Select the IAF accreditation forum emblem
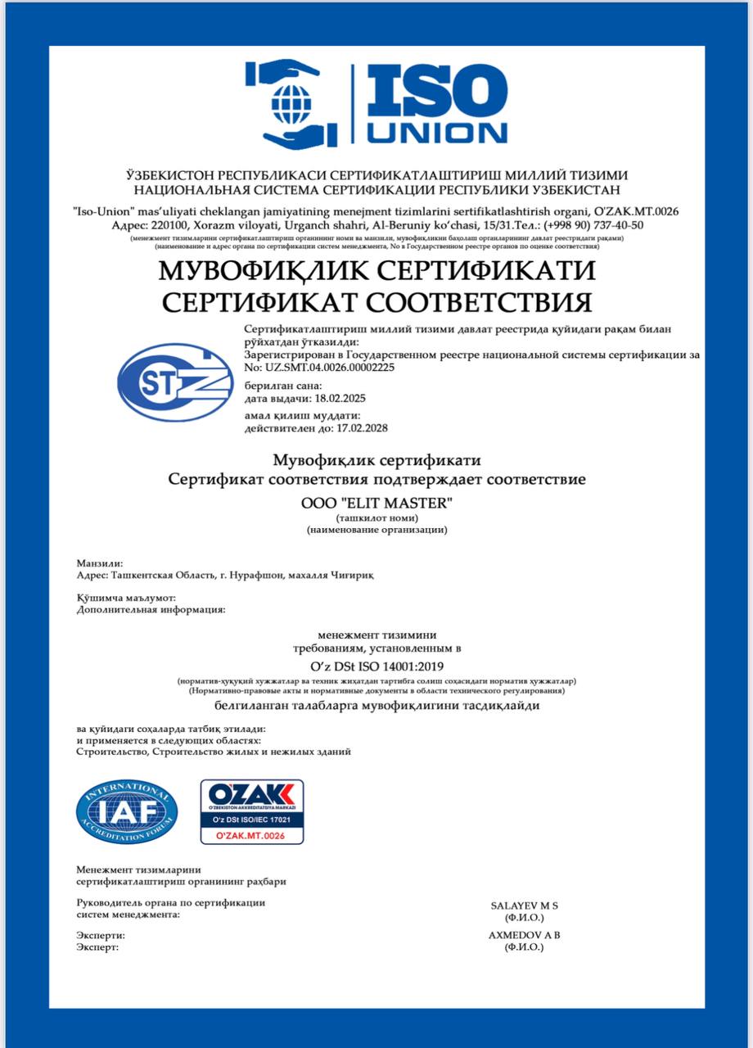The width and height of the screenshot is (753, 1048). click(x=127, y=811)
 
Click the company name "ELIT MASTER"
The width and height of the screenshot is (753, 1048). click(x=391, y=503)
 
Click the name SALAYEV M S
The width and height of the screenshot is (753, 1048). click(x=524, y=906)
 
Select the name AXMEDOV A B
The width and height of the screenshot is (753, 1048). click(x=524, y=934)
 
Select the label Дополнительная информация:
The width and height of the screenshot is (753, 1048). click(x=151, y=609)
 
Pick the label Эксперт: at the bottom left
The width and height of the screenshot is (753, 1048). click(x=97, y=946)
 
